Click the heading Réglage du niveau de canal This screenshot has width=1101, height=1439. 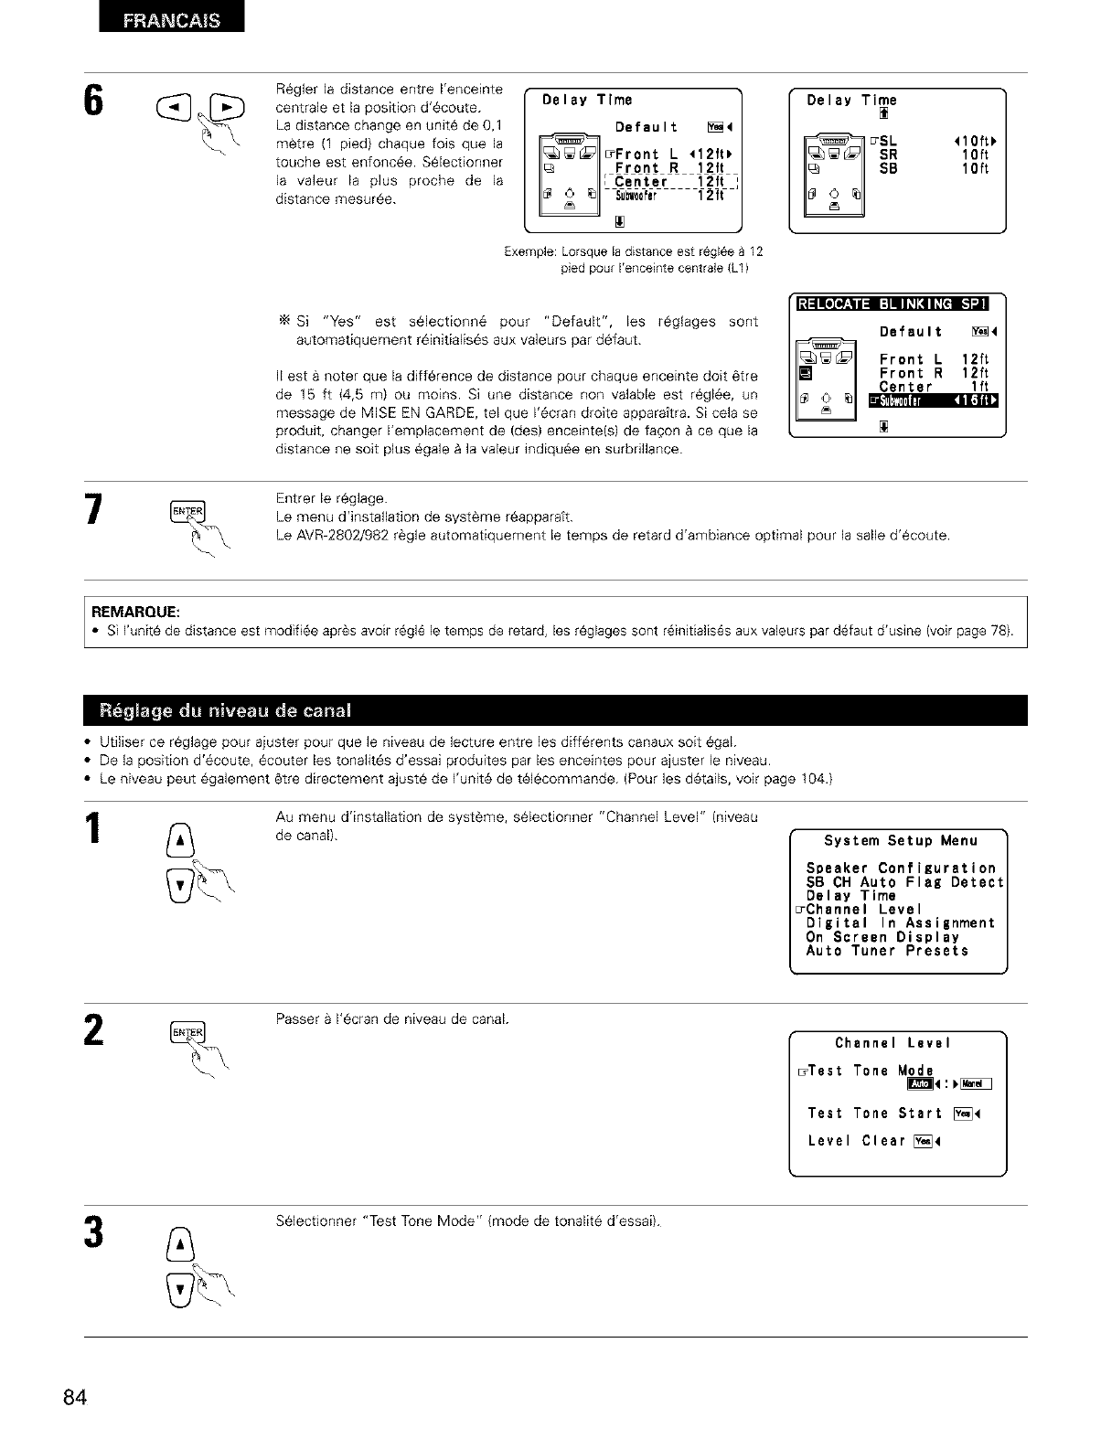(212, 710)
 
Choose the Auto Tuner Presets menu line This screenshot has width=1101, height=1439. (886, 951)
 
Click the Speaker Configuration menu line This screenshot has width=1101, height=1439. (900, 869)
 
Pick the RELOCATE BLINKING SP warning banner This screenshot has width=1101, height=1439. (899, 304)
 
